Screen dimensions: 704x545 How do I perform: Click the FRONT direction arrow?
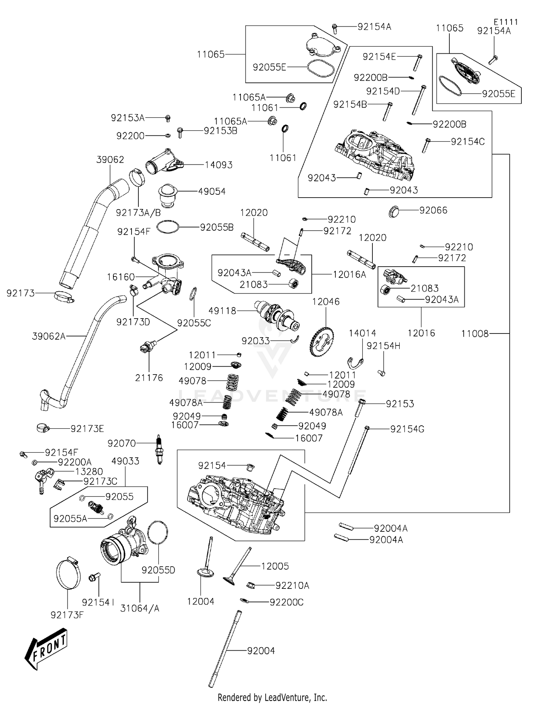pos(47,649)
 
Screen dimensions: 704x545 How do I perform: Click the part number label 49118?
pos(222,311)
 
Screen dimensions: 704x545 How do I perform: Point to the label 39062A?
pos(49,336)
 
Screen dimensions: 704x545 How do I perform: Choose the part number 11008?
pos(475,333)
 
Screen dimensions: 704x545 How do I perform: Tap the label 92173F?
pos(67,615)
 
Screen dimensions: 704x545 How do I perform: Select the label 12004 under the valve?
pos(201,602)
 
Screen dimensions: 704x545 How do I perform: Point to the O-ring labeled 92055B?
pos(168,227)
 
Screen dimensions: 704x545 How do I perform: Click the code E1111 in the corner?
pos(506,22)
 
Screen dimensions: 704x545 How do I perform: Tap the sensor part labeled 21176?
pos(147,347)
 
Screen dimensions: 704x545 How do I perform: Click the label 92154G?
pos(407,429)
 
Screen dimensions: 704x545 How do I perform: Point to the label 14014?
pos(362,333)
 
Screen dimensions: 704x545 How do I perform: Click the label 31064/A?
pos(140,608)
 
